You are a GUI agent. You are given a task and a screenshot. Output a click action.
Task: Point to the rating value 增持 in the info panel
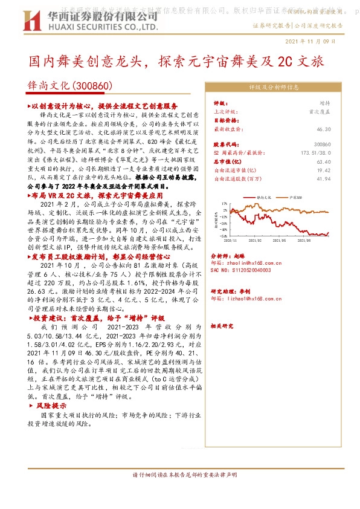point(324,104)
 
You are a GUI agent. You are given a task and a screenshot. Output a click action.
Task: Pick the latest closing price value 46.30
point(323,129)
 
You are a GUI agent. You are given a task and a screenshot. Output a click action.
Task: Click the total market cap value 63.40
point(323,162)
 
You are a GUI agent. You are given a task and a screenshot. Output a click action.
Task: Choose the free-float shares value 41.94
point(323,179)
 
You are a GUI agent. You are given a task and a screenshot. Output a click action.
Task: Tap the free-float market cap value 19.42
point(323,170)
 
